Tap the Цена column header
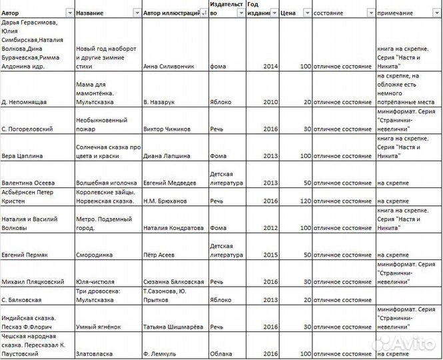click(x=288, y=13)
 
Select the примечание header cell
click(x=394, y=13)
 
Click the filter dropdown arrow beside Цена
click(x=306, y=13)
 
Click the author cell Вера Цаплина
click(x=23, y=155)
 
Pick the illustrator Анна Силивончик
click(x=171, y=66)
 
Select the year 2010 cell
click(x=270, y=102)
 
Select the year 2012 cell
click(x=270, y=227)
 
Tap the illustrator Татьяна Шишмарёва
click(x=175, y=327)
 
